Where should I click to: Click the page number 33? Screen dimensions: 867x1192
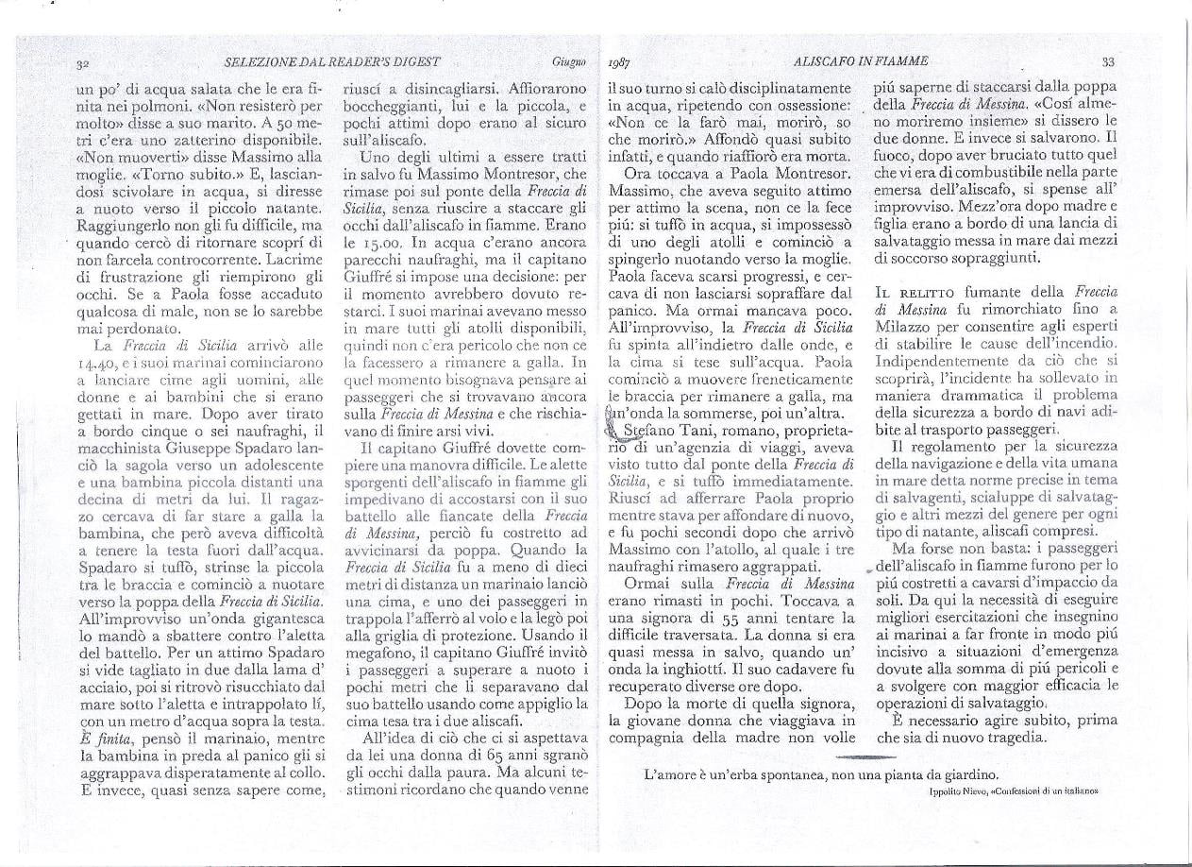coord(1108,61)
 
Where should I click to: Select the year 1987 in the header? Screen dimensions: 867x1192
coord(620,63)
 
